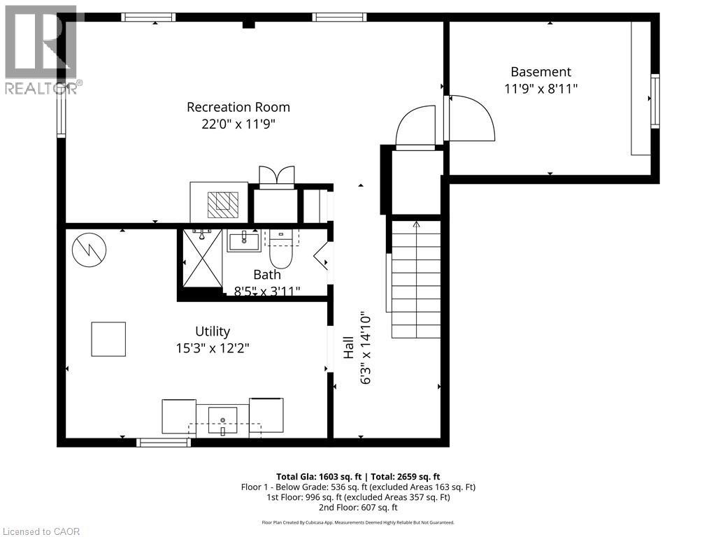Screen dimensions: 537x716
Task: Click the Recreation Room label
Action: point(238,107)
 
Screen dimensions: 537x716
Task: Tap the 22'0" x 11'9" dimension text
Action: point(238,124)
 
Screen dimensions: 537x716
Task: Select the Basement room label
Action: point(540,71)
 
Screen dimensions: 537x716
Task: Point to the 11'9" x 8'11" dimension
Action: point(540,89)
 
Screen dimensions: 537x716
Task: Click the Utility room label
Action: point(212,331)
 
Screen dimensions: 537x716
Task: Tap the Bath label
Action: point(266,275)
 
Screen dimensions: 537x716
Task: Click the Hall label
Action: point(348,350)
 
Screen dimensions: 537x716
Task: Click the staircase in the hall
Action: point(415,280)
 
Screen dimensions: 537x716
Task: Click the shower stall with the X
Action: point(201,258)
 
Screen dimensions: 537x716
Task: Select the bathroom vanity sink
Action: point(243,241)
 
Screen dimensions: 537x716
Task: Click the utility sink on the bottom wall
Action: point(223,420)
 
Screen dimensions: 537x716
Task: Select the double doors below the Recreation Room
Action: point(276,176)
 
